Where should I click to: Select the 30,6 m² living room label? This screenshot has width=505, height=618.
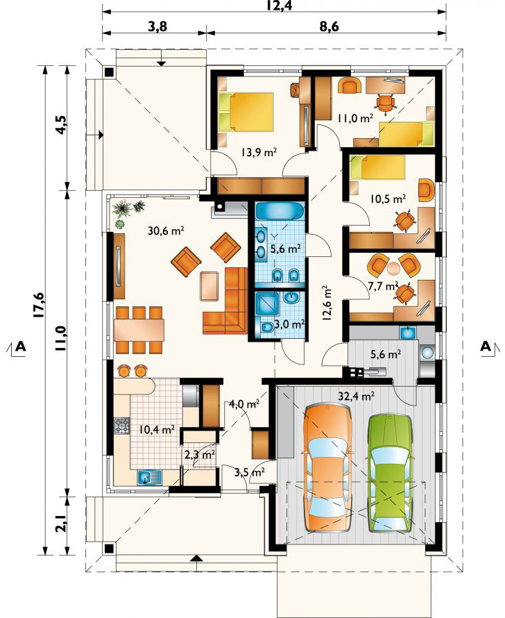166,231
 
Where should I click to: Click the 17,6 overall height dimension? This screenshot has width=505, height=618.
40,305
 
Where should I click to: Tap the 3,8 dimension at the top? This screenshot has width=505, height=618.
157,27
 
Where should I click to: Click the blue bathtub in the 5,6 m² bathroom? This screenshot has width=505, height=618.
280,211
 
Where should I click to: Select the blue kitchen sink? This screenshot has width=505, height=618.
150,478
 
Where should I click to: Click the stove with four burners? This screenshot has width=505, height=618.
121,425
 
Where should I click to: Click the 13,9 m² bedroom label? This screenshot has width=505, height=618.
259,152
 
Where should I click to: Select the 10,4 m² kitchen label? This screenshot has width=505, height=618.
157,429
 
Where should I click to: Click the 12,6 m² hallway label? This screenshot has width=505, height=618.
327,304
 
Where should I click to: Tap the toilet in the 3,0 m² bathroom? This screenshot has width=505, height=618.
266,328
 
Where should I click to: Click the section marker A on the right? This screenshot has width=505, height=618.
486,346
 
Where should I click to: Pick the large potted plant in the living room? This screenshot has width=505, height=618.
123,208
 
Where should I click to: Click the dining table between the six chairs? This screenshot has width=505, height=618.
139,330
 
